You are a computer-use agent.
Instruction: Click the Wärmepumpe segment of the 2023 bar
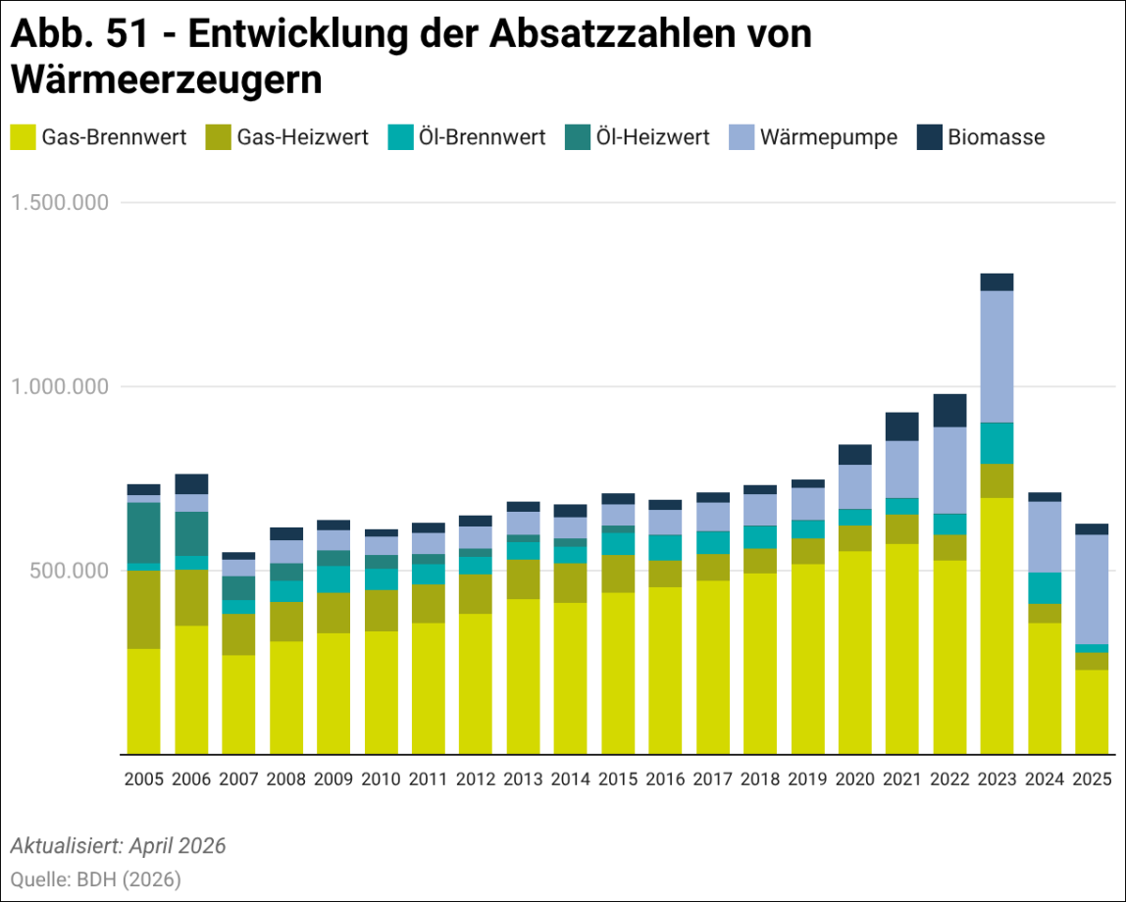coord(997,357)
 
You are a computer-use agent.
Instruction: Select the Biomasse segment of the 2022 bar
coord(949,411)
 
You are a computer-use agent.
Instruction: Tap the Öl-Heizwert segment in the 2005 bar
coord(143,533)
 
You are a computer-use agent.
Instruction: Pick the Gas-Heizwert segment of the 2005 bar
coord(143,610)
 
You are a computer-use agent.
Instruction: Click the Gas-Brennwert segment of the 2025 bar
coord(1092,712)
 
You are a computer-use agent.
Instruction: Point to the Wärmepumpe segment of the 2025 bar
coord(1092,589)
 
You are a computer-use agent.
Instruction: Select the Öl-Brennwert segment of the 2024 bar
coord(1045,588)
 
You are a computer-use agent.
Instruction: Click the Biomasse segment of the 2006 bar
coord(191,483)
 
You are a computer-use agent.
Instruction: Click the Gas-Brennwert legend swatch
coord(23,137)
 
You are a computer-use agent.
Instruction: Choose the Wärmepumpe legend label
coord(829,137)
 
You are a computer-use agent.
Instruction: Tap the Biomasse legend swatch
coord(929,137)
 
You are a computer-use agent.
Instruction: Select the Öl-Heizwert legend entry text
coord(653,137)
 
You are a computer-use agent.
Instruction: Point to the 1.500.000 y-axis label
coord(61,202)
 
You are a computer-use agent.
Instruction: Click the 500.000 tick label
coord(69,571)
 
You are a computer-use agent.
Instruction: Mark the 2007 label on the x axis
coord(238,779)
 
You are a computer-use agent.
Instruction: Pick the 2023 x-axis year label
coord(997,779)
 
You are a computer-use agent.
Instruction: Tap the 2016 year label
coord(665,779)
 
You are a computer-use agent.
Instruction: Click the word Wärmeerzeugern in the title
coord(167,79)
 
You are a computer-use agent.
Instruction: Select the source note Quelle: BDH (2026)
coord(95,879)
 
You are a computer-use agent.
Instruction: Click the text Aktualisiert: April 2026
coord(119,845)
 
